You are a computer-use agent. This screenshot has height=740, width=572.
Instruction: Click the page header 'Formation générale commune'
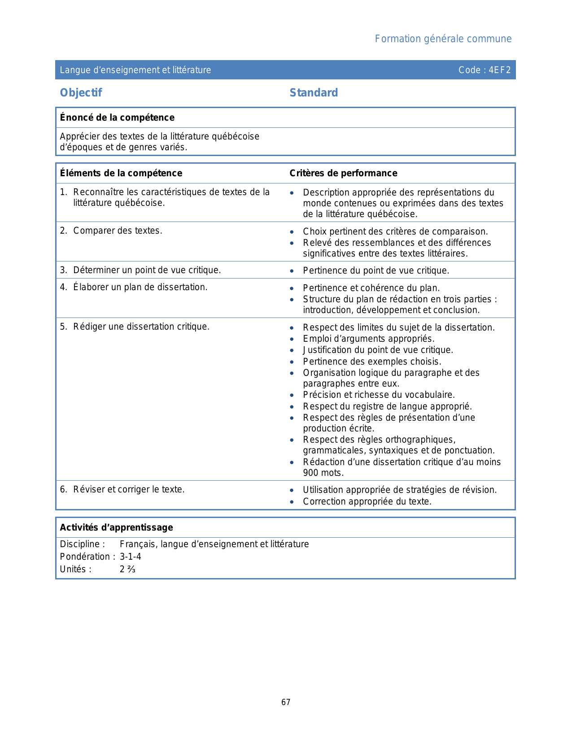pyautogui.click(x=443, y=39)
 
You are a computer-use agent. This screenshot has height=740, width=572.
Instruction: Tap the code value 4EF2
pyautogui.click(x=500, y=70)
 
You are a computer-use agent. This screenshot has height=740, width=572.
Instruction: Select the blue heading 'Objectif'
pyautogui.click(x=81, y=93)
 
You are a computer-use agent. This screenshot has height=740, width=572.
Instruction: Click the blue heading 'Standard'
pyautogui.click(x=314, y=93)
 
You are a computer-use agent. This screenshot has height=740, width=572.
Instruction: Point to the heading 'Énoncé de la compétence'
pyautogui.click(x=117, y=118)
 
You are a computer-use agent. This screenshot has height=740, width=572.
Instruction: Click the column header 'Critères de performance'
pyautogui.click(x=343, y=173)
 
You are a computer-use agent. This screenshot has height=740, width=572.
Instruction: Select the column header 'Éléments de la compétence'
pyautogui.click(x=121, y=173)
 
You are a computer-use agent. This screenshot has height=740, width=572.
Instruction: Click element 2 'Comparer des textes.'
pyautogui.click(x=118, y=231)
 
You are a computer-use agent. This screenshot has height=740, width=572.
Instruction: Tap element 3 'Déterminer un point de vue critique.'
pyautogui.click(x=147, y=270)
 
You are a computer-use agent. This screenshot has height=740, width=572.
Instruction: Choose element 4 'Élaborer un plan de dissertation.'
pyautogui.click(x=140, y=287)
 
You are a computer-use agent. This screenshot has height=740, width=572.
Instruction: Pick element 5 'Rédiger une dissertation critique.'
pyautogui.click(x=141, y=326)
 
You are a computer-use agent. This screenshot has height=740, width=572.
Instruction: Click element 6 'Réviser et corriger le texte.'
pyautogui.click(x=129, y=489)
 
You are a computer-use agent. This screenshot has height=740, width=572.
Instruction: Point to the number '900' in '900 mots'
pyautogui.click(x=311, y=473)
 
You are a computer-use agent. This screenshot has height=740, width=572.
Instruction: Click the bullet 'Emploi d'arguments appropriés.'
pyautogui.click(x=368, y=339)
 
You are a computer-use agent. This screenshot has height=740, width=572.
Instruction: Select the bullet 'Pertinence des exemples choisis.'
pyautogui.click(x=372, y=361)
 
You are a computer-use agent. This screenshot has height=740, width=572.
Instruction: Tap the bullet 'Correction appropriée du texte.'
pyautogui.click(x=367, y=501)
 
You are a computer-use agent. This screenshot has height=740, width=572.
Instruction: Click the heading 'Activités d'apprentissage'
pyautogui.click(x=116, y=527)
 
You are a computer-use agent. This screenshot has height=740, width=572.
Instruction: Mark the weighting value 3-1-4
pyautogui.click(x=131, y=557)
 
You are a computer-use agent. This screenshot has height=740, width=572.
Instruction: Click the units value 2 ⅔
pyautogui.click(x=127, y=569)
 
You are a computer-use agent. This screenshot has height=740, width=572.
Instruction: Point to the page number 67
pyautogui.click(x=286, y=702)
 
